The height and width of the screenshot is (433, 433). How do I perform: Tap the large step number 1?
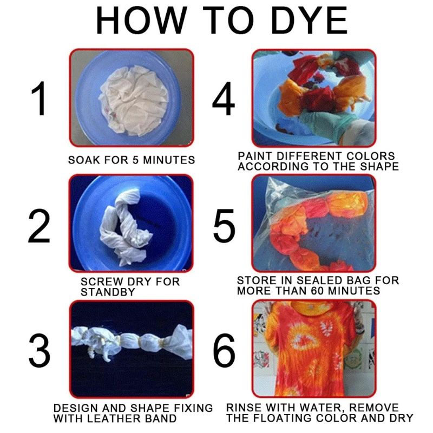point(39,100)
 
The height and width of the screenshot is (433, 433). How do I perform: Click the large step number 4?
point(224,100)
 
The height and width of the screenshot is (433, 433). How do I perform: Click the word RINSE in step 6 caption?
point(244,408)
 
